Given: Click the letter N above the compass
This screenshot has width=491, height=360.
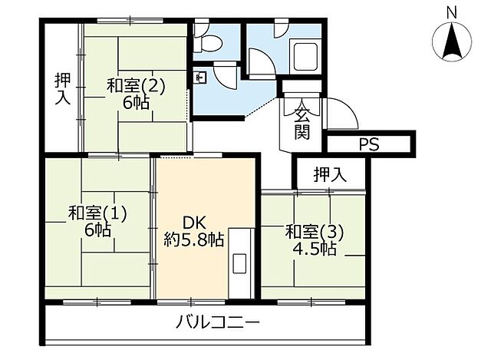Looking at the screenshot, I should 453,12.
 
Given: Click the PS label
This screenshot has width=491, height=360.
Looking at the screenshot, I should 370,144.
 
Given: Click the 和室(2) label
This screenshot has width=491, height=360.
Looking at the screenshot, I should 135,85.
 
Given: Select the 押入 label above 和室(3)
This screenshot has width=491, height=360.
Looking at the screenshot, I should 330,176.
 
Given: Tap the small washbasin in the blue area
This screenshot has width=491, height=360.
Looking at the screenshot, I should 201,78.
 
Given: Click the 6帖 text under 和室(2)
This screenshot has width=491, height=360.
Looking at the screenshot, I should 135,103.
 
